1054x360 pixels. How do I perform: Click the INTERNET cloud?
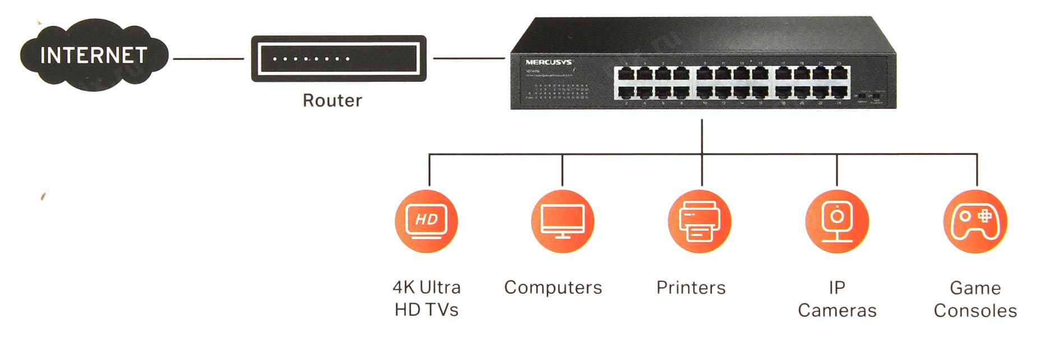coord(94,56)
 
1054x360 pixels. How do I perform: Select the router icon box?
coord(338,58)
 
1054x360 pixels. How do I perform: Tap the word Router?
coord(332,100)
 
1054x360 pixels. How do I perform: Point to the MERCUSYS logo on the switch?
coord(548,62)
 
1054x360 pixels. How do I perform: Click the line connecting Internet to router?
coord(208,58)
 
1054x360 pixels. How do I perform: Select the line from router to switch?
coord(469,58)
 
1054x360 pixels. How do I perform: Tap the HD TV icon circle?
coord(426,221)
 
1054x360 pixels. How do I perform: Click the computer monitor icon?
coord(562,221)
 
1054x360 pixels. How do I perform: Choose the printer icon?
coord(699,221)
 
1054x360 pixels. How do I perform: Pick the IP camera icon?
coord(836,221)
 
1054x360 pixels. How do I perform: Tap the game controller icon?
coord(975,221)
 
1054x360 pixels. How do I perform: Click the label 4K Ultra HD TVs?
coord(426,298)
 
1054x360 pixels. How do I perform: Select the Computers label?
coord(553,288)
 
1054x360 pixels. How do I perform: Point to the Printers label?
coord(691,288)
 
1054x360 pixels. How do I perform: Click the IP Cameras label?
coord(836,299)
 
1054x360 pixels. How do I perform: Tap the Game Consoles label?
coord(975,299)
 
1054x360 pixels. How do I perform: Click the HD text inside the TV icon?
coord(426,219)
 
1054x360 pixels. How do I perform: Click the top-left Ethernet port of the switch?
coord(625,74)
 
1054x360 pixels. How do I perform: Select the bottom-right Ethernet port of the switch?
coord(839,93)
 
